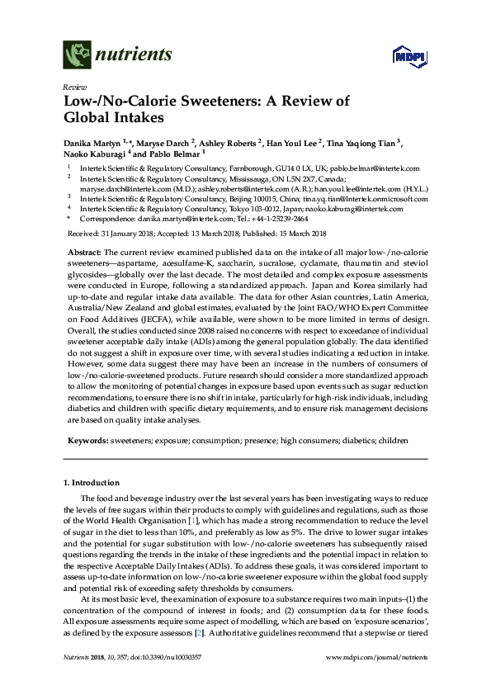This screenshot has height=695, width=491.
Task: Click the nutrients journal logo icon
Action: (x=78, y=55)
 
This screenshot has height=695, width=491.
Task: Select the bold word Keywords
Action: (x=86, y=442)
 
